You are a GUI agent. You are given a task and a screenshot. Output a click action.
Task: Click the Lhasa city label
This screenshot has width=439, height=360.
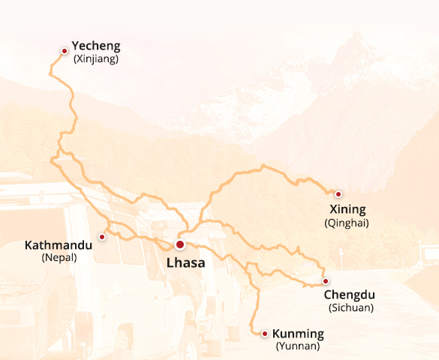click(x=185, y=263)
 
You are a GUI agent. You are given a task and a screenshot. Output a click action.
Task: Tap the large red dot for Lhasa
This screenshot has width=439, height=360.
click(x=180, y=244)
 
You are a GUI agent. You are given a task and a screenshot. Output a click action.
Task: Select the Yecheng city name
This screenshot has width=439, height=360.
click(x=95, y=46)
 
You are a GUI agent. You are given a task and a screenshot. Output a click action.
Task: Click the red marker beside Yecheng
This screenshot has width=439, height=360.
click(x=65, y=50)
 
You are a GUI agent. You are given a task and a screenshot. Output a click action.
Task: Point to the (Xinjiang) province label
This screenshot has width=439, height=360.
click(x=95, y=59)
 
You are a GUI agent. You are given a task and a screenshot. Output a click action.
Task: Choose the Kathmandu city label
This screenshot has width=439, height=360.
click(x=59, y=245)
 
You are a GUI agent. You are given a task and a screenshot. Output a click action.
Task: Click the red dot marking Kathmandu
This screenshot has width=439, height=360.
click(x=102, y=236)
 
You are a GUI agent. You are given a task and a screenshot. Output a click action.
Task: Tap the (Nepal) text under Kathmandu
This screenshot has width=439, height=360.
click(x=59, y=257)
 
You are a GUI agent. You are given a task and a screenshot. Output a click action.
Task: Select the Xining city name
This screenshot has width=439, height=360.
click(x=347, y=209)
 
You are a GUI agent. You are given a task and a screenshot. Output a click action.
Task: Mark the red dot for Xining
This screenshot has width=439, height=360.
click(x=338, y=193)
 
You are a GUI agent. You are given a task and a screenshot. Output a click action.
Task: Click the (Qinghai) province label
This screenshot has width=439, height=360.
click(x=347, y=223)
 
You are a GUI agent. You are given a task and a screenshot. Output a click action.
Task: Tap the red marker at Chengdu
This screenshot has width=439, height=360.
click(x=326, y=281)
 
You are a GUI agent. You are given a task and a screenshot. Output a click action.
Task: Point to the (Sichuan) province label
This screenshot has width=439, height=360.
click(x=351, y=307)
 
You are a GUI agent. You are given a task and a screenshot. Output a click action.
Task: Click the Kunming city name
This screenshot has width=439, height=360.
click(x=298, y=334)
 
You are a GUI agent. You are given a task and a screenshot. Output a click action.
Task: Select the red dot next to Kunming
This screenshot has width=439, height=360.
click(x=265, y=333)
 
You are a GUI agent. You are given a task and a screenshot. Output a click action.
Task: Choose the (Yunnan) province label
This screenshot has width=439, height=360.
click(x=298, y=346)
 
